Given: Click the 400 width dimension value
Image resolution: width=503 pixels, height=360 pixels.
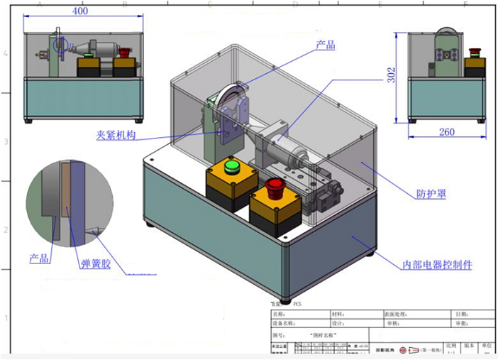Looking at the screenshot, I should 81,11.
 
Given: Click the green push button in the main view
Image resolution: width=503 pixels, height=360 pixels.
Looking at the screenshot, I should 231,167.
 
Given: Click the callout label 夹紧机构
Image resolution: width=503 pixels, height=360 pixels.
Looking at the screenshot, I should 116,135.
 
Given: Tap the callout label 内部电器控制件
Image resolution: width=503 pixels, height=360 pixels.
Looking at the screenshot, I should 437,265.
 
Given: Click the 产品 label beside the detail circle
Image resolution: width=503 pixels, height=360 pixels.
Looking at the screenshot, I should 39,259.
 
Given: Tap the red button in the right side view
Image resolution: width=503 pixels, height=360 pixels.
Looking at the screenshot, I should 475,53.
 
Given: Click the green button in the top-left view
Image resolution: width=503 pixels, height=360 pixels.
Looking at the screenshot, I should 89,54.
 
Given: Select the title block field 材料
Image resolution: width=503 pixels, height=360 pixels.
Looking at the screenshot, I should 339,313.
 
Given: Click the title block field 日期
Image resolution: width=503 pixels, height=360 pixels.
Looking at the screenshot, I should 463,313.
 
